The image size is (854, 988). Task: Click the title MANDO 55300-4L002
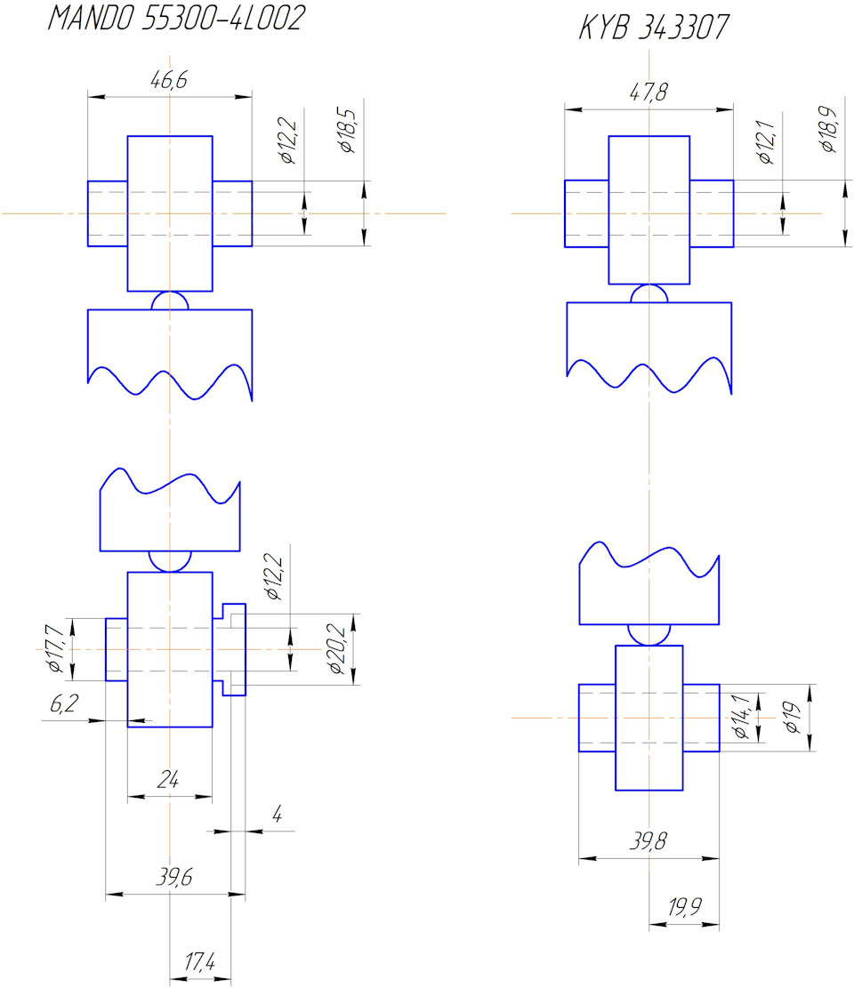pyautogui.click(x=176, y=18)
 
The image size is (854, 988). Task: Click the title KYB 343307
pyautogui.click(x=654, y=27)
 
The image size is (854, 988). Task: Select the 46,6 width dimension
pyautogui.click(x=169, y=80)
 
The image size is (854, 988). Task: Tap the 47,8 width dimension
pyautogui.click(x=649, y=92)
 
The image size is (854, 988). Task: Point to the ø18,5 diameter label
pyautogui.click(x=347, y=131)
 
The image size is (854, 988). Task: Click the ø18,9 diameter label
pyautogui.click(x=829, y=129)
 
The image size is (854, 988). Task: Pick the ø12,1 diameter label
pyautogui.click(x=766, y=142)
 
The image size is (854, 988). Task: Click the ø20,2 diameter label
pyautogui.click(x=337, y=649)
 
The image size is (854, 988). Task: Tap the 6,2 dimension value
pyautogui.click(x=64, y=703)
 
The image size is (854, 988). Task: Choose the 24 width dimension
pyautogui.click(x=168, y=780)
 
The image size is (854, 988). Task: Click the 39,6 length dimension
pyautogui.click(x=174, y=877)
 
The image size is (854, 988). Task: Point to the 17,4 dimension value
pyautogui.click(x=200, y=961)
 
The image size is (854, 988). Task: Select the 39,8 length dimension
pyautogui.click(x=648, y=840)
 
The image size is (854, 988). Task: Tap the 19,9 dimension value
pyautogui.click(x=684, y=907)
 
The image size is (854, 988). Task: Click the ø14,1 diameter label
pyautogui.click(x=740, y=717)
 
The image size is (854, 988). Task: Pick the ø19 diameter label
pyautogui.click(x=793, y=718)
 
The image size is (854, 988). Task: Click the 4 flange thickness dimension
pyautogui.click(x=277, y=815)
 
